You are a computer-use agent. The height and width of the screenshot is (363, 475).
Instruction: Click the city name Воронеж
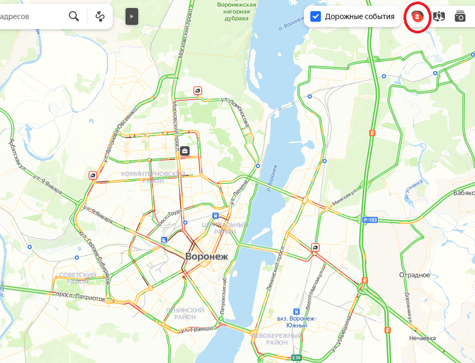pyautogui.click(x=207, y=256)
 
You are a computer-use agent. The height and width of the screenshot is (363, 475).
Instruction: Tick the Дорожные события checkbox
pyautogui.click(x=316, y=16)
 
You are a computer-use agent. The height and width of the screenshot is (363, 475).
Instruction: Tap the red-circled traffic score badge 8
pyautogui.click(x=417, y=17)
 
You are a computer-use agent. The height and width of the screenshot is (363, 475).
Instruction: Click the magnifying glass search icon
pyautogui.click(x=74, y=16)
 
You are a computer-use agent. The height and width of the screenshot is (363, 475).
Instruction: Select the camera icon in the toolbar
pyautogui.click(x=460, y=16)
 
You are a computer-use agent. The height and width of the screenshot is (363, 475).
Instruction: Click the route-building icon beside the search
pyautogui.click(x=100, y=16)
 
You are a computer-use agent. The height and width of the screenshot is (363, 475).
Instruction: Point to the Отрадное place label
pyautogui.click(x=414, y=275)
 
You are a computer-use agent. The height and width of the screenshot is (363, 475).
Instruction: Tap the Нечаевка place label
pyautogui.click(x=422, y=338)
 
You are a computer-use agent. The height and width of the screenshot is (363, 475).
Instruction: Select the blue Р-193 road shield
pyautogui.click(x=370, y=219)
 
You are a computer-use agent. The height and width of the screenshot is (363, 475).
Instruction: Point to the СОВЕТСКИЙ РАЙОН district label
pyautogui.click(x=78, y=278)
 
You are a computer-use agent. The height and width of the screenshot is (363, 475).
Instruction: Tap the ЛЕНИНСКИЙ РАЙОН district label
pyautogui.click(x=185, y=313)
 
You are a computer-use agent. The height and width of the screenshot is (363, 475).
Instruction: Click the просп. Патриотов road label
pyautogui.click(x=80, y=297)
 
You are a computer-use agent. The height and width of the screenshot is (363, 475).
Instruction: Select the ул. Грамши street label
pyautogui.click(x=196, y=329)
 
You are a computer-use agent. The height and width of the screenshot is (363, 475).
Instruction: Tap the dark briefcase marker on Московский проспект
pyautogui.click(x=184, y=151)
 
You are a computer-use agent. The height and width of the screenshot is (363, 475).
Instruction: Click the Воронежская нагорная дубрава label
pyautogui.click(x=237, y=11)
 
